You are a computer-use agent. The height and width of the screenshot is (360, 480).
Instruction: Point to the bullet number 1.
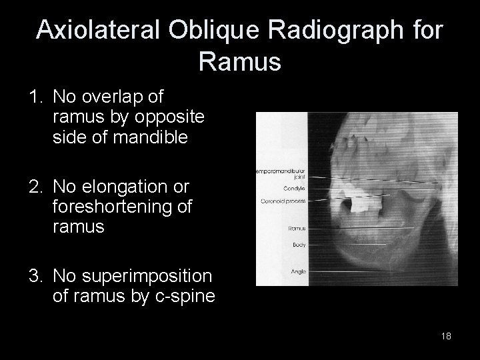[35, 98]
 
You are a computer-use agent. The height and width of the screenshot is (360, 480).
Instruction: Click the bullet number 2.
[35, 187]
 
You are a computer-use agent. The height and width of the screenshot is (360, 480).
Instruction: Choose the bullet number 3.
[35, 276]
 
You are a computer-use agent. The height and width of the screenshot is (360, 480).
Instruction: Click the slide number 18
[446, 336]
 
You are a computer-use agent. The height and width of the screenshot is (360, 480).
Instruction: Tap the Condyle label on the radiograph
[294, 187]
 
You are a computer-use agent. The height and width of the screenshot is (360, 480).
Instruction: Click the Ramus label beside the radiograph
[297, 229]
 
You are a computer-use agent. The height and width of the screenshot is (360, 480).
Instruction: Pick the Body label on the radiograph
[299, 245]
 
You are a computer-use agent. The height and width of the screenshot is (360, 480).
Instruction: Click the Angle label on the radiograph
[298, 271]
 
